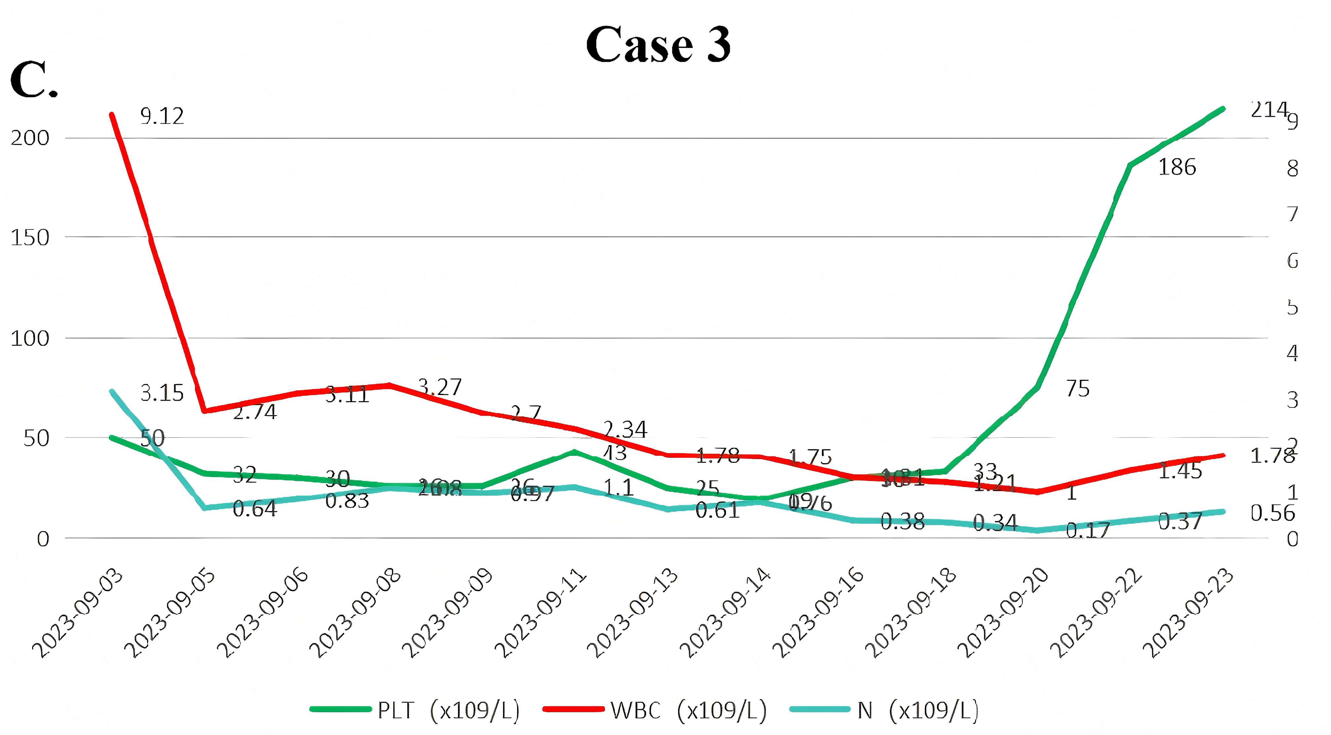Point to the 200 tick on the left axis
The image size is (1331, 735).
30,138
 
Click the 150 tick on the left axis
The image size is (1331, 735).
30,238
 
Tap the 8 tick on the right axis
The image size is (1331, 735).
1292,168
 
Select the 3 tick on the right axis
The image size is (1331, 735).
1292,400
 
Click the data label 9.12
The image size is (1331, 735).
162,116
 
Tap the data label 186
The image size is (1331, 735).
1177,167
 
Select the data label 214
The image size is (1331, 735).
1269,109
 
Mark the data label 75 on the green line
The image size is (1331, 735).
1078,389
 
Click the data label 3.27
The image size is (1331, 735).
440,387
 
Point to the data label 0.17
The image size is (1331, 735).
1088,530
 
